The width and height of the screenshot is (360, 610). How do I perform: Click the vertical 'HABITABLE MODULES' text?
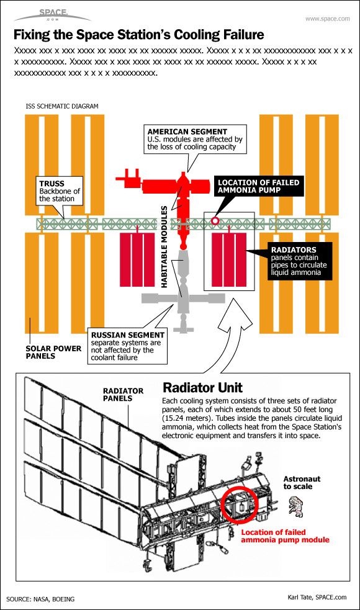(x=164, y=246)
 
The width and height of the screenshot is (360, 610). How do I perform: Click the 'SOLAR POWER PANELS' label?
(x=53, y=352)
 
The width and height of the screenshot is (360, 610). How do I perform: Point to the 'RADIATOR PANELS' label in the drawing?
(x=123, y=395)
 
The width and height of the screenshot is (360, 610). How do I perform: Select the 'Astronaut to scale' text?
(x=300, y=483)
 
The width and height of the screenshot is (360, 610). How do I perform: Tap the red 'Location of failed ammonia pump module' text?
(x=285, y=536)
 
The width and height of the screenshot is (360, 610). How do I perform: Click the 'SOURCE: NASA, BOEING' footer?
(x=40, y=599)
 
